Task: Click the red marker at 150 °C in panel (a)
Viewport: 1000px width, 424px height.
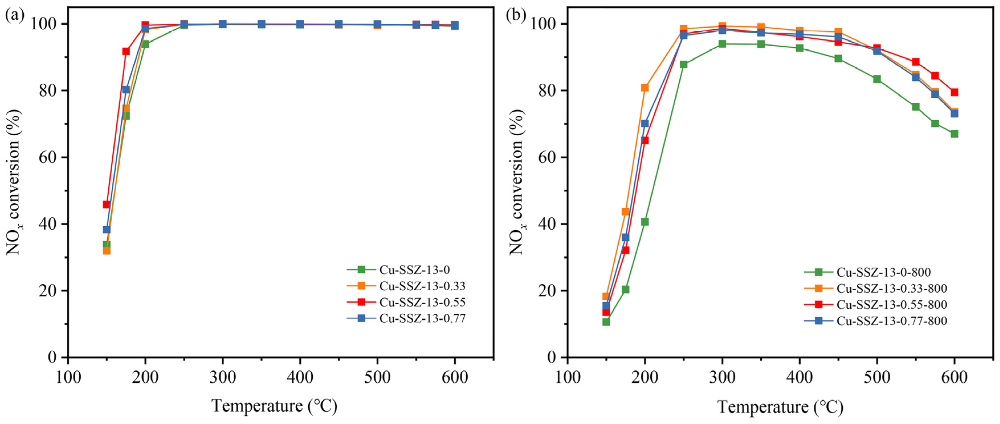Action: point(106,204)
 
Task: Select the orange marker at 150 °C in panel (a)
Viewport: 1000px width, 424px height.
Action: point(106,250)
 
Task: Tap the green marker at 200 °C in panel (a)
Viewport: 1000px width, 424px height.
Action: point(145,44)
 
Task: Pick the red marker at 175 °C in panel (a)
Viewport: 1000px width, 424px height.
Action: point(126,51)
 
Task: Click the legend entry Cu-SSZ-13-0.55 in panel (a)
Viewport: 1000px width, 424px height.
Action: point(422,302)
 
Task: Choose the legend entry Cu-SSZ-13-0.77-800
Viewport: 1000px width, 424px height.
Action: point(892,321)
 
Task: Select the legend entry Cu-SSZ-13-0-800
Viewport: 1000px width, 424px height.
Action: point(883,272)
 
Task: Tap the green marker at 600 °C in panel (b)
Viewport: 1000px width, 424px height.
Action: point(954,134)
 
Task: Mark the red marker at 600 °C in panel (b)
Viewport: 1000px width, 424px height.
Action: point(954,92)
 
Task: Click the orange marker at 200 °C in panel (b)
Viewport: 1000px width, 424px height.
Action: point(644,88)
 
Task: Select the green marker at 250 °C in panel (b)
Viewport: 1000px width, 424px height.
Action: point(683,64)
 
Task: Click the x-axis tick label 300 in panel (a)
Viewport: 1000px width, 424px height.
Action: point(223,377)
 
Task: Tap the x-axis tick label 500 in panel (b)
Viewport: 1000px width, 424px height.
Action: point(877,377)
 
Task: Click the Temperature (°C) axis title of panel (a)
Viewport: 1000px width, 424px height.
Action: point(274,406)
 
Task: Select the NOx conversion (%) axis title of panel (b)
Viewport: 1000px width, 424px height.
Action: point(518,182)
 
